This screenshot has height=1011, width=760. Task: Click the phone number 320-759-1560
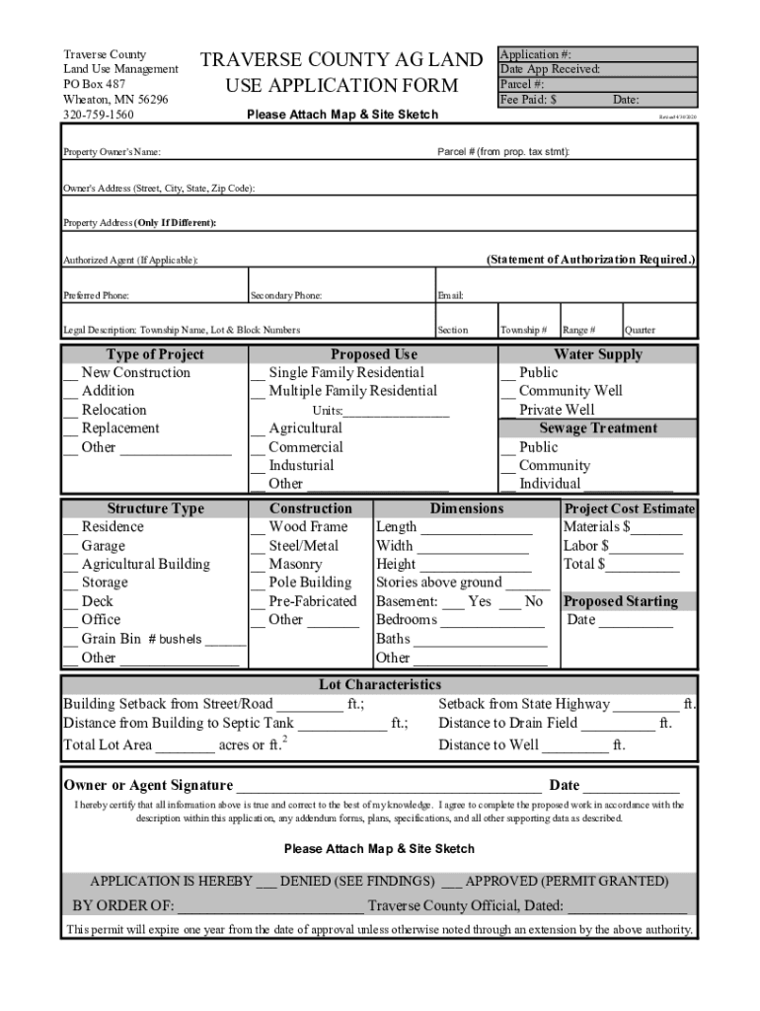(x=99, y=115)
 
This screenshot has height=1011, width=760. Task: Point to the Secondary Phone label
(x=286, y=295)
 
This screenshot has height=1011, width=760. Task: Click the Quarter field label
(x=640, y=330)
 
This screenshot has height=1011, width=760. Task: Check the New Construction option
(x=70, y=373)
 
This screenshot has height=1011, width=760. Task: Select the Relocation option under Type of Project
(x=70, y=411)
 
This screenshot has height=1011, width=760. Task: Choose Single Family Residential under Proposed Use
(x=258, y=373)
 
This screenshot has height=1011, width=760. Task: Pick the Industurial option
(x=258, y=466)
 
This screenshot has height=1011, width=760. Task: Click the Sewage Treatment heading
(x=598, y=428)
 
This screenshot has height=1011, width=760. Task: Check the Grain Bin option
(x=70, y=639)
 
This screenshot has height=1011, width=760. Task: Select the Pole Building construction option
(x=258, y=583)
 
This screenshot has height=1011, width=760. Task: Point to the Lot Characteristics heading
(x=379, y=684)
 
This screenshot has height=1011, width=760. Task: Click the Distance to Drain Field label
(x=508, y=723)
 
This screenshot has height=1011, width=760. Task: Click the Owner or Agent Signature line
(x=387, y=787)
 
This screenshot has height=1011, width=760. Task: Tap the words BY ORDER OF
(x=123, y=906)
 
